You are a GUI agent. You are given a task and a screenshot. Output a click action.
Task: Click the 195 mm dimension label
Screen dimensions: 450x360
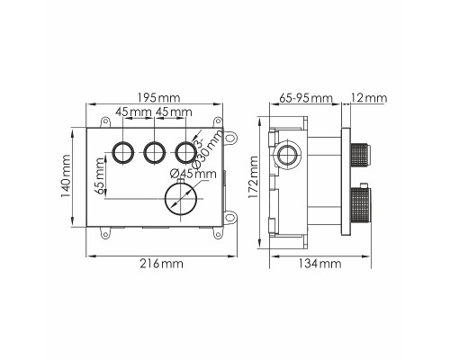(x=158, y=98)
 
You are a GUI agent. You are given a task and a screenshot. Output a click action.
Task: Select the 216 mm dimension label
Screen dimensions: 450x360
(x=161, y=264)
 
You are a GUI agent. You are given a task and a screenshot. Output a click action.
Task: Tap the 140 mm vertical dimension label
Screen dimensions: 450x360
(x=66, y=176)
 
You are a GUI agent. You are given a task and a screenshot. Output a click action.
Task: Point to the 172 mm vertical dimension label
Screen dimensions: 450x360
(x=253, y=177)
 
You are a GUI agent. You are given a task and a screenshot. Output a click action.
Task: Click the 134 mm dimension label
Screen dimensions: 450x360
(x=319, y=264)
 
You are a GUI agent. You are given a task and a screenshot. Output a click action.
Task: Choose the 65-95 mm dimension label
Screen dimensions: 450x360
(x=306, y=98)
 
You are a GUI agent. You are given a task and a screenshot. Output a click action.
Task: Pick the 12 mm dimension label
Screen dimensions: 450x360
(x=369, y=98)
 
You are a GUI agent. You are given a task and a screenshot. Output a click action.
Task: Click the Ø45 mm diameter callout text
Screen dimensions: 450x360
(x=193, y=174)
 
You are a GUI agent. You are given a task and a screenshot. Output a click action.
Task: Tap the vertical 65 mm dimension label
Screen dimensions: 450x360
(x=101, y=176)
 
